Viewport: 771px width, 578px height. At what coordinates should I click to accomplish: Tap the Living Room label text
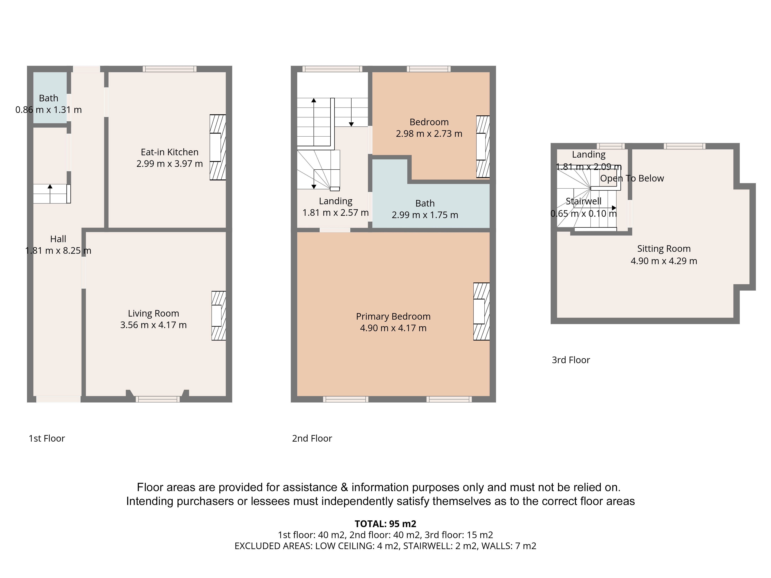tap(153, 313)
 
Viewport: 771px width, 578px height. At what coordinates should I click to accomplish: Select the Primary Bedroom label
tap(393, 316)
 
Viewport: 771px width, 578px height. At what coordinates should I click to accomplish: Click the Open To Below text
tap(632, 178)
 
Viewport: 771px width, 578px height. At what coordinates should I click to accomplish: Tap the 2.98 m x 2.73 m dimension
tap(429, 134)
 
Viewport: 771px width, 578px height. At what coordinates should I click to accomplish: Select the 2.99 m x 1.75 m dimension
tap(425, 215)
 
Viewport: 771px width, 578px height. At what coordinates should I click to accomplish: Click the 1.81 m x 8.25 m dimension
tap(58, 250)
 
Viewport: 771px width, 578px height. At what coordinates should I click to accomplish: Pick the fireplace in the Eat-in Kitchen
tap(217, 147)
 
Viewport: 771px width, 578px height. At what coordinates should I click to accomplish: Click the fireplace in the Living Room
tap(219, 316)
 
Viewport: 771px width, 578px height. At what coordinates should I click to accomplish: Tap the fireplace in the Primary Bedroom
tap(481, 312)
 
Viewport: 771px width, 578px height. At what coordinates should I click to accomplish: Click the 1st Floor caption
tap(47, 438)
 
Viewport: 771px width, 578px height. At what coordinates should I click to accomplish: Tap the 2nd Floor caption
tap(312, 438)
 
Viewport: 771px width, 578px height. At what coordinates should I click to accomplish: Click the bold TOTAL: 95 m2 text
tap(385, 524)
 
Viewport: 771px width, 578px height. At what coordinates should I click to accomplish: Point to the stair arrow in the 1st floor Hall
tap(50, 193)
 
